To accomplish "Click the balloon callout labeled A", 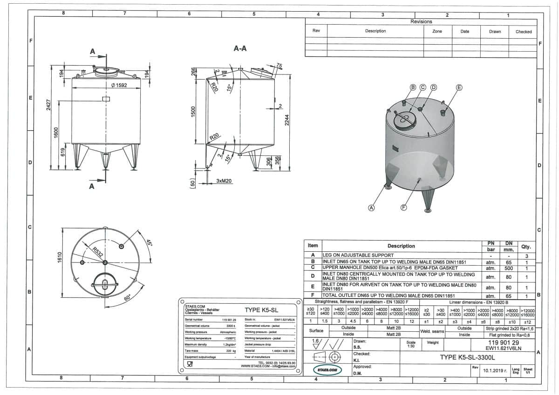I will pos(372,208).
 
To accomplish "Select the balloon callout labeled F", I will pos(404,208).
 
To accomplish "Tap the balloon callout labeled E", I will pos(459,87).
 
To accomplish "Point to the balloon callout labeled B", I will pos(412,87).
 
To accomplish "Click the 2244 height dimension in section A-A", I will pos(287,121).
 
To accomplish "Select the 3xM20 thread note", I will pos(224,180).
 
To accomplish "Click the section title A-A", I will pos(240,48).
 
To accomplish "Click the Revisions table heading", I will pos(421,21).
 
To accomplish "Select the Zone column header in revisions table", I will pos(437,31).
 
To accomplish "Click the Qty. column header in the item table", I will pos(525,247).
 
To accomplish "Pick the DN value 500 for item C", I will pos(509,268).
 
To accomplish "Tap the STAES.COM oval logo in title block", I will pos(327,370).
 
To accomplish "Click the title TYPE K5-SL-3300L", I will pos(467,357).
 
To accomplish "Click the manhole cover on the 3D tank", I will pos(404,120).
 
